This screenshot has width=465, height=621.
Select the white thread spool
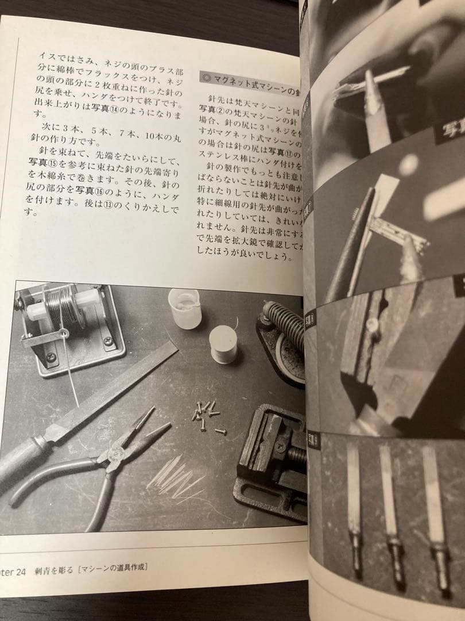point(223,344)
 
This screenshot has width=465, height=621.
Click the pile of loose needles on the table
point(175,477)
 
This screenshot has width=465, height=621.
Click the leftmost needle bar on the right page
point(354,512)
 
